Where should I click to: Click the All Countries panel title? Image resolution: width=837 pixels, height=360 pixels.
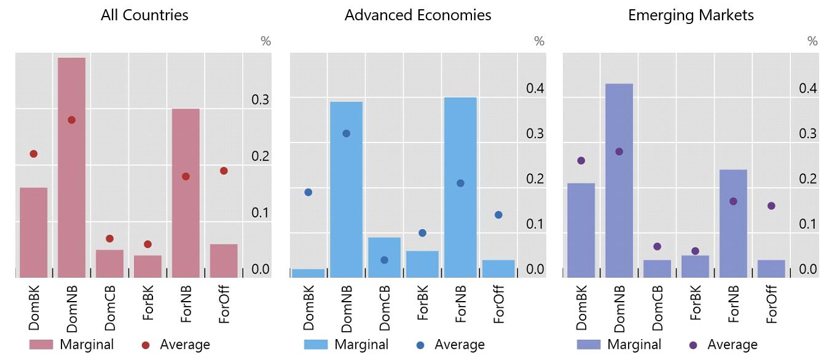(x=144, y=15)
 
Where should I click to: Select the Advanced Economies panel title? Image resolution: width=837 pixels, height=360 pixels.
(x=418, y=15)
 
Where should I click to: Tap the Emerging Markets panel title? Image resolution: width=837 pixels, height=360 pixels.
(x=691, y=15)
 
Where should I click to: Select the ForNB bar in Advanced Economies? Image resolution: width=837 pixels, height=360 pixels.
(x=460, y=187)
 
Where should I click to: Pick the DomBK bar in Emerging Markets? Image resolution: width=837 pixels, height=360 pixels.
(x=581, y=230)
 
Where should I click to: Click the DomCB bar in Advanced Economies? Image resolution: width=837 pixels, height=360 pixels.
(x=384, y=257)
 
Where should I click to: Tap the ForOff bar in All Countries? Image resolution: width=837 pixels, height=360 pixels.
(x=224, y=261)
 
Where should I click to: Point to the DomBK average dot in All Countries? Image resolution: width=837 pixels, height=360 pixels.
(x=34, y=154)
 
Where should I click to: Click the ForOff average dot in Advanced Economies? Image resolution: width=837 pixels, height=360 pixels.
(x=498, y=214)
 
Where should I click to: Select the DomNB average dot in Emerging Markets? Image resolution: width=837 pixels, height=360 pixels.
(x=619, y=151)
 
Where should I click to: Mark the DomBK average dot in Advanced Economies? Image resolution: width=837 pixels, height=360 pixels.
(x=308, y=192)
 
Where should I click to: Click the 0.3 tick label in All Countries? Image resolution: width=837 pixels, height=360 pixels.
(x=261, y=99)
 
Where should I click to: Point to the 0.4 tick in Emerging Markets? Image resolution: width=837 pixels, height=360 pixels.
(x=808, y=88)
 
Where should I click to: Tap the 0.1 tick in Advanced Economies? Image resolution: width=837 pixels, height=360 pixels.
(x=535, y=224)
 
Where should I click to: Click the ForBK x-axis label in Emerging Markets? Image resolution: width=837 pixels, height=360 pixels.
(x=696, y=303)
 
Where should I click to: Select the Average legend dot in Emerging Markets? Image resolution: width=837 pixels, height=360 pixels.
(x=693, y=345)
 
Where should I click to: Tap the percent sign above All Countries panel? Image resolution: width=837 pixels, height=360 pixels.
(x=265, y=41)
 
